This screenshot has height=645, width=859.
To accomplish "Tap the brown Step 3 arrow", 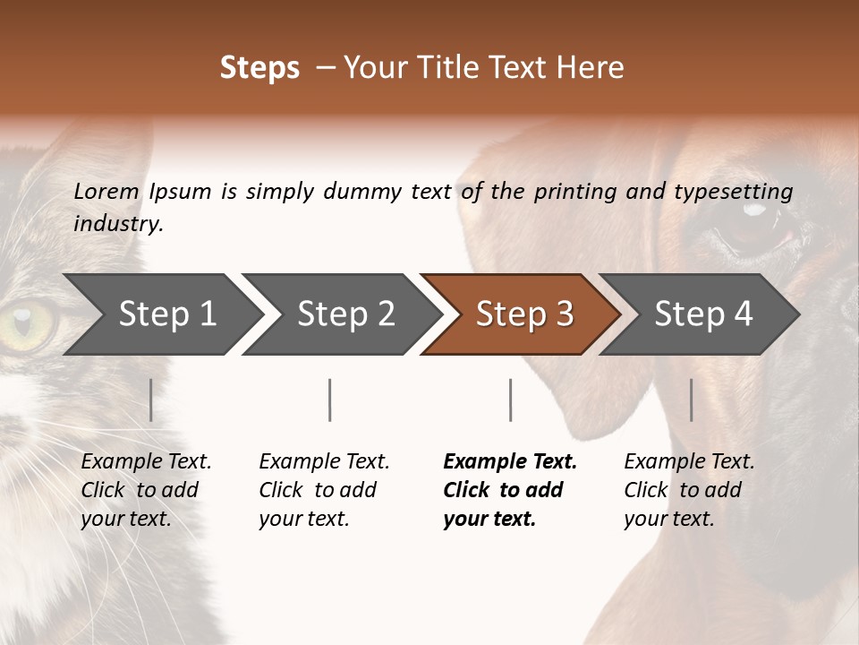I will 524,314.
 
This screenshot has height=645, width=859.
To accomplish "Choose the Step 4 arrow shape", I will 703,314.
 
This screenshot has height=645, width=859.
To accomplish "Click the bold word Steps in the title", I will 259,68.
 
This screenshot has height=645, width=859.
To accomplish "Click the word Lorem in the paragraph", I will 106,192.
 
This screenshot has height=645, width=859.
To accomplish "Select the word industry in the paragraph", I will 117,224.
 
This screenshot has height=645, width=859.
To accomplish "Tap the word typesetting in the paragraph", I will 733,192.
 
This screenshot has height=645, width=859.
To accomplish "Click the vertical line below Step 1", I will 151,400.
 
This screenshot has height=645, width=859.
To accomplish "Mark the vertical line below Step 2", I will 330,400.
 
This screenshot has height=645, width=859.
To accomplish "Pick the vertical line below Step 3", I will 510,400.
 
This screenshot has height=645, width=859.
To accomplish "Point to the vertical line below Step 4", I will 691,400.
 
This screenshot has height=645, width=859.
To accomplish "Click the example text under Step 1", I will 146,490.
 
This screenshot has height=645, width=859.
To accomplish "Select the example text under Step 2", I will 324,490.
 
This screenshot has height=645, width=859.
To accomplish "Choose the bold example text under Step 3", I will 509,490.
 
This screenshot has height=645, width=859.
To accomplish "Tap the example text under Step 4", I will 689,490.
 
